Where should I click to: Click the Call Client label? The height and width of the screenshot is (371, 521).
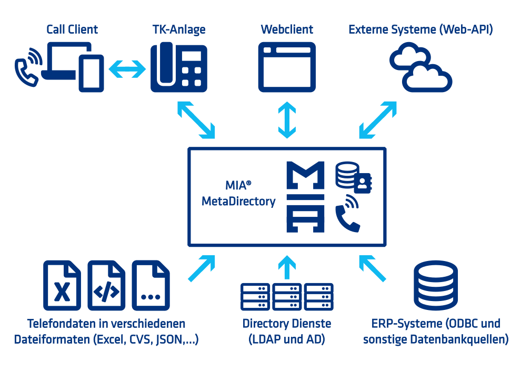point(72,29)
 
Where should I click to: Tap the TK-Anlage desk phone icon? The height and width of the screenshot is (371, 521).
point(178,66)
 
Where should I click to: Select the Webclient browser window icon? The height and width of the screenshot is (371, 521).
point(287,66)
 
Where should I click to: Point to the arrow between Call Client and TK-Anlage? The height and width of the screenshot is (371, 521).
point(127,68)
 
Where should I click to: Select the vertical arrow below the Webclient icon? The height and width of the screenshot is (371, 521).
point(287,119)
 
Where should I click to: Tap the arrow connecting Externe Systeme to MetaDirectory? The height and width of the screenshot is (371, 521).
point(378,119)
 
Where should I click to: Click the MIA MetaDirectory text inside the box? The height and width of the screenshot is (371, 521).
point(238,193)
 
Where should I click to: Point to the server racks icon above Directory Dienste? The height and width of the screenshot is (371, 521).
point(287,296)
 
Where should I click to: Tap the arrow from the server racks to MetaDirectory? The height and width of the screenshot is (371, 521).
point(287,267)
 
